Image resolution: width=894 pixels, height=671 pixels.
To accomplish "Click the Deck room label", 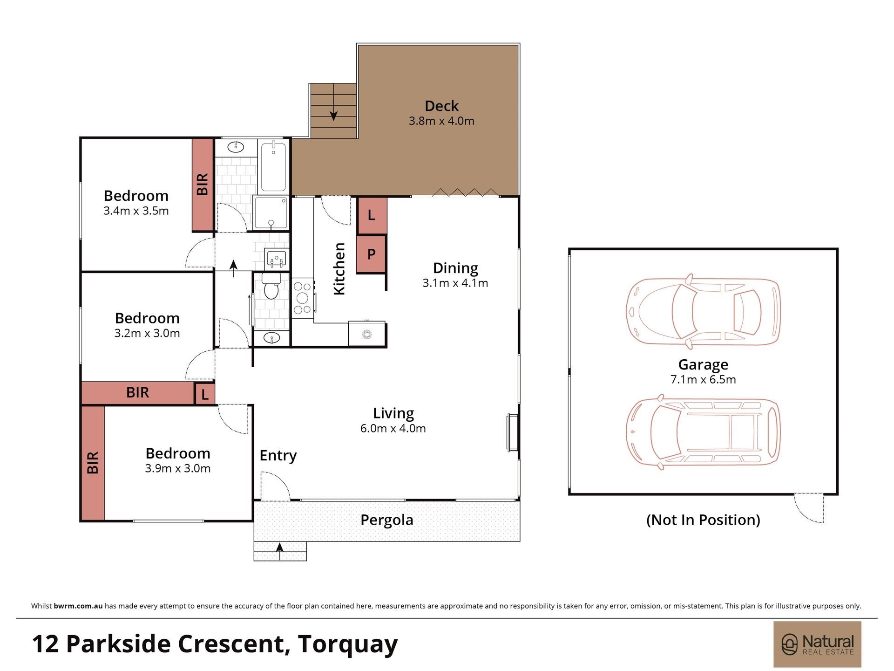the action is point(441,106).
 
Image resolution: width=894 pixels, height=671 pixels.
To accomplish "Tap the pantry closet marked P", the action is point(372,254).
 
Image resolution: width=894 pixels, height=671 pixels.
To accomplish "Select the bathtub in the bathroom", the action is point(273,167).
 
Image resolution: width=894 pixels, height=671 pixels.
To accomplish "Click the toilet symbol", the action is point(271,286).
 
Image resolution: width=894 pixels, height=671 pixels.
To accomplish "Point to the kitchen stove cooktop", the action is point(302,298).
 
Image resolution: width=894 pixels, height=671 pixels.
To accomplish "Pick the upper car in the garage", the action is point(703,311).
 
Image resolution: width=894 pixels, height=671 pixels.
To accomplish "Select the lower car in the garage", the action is point(703,432).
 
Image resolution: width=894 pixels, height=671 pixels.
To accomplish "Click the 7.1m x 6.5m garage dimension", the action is point(703,379).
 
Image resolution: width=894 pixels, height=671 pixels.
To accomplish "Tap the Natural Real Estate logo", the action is point(817,644).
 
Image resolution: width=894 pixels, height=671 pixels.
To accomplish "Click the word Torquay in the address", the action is point(348,644).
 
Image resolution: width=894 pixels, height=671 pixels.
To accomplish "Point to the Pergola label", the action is point(387,520).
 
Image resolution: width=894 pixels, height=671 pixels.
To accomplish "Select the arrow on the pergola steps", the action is point(279,550).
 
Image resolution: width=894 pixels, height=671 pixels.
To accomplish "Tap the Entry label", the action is point(278,455).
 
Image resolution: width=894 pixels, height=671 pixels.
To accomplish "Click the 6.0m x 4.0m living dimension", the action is point(393,428).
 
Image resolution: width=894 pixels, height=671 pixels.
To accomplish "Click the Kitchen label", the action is point(339,269).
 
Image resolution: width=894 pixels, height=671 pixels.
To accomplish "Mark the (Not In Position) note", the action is point(703,520).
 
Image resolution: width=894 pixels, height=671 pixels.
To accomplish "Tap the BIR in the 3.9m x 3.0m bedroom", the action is point(93,463).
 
